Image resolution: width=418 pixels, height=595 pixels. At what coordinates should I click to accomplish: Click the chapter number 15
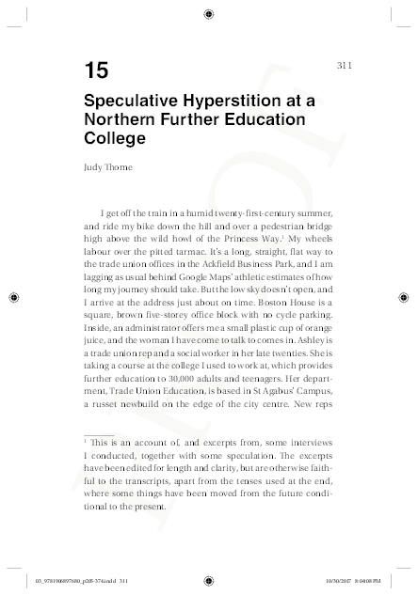point(95,70)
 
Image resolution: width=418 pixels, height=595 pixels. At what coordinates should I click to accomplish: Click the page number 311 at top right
point(343,65)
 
